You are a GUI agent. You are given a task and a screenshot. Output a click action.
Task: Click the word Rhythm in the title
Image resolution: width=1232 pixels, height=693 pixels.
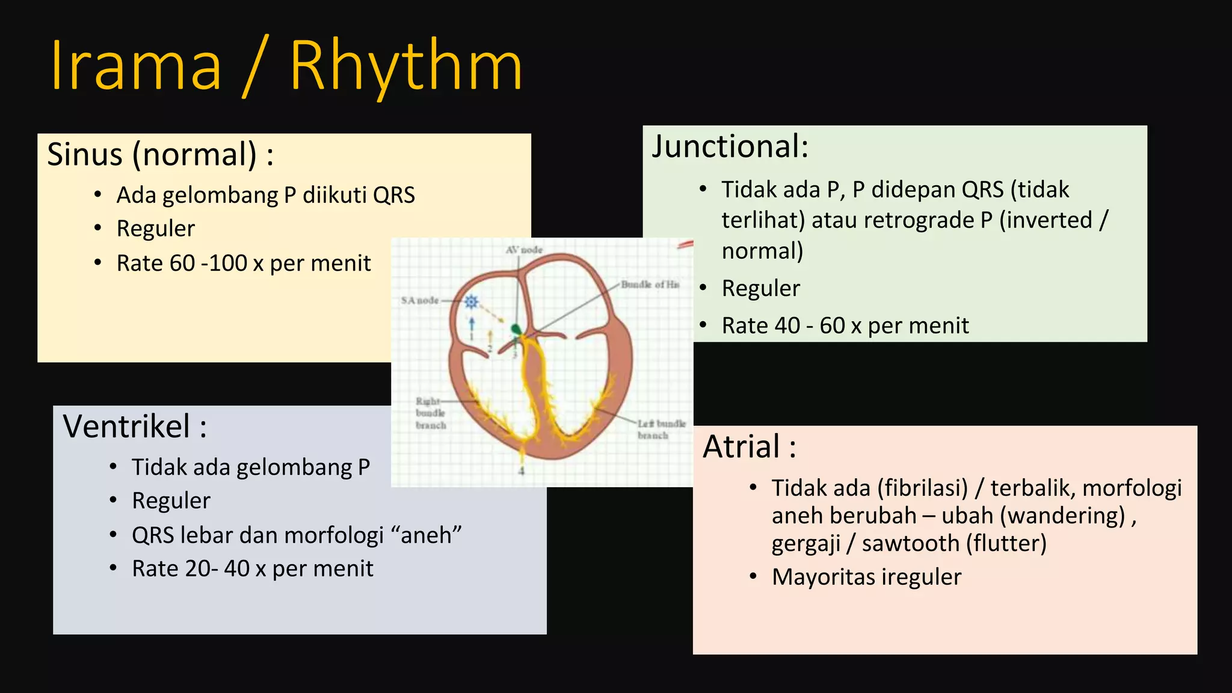click(406, 66)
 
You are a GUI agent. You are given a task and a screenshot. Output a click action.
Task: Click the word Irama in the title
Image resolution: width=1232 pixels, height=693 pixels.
click(136, 66)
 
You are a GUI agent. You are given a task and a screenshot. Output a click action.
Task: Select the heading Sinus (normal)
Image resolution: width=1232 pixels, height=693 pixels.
click(160, 155)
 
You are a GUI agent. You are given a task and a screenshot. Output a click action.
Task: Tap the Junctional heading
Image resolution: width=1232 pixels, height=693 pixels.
click(730, 147)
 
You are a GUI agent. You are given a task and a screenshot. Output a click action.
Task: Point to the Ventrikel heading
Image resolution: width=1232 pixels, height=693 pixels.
click(135, 427)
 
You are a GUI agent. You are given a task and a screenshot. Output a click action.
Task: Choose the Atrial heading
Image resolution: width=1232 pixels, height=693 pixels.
click(750, 447)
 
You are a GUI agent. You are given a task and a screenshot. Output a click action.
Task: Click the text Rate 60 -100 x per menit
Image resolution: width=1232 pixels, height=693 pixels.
click(243, 263)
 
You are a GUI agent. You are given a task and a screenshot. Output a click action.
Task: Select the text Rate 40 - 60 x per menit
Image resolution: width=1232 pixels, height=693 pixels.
click(845, 325)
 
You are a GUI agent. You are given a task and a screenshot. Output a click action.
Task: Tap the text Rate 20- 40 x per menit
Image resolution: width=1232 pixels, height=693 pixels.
click(252, 568)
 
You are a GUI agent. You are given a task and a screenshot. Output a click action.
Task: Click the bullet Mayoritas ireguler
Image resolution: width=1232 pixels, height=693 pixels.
click(866, 577)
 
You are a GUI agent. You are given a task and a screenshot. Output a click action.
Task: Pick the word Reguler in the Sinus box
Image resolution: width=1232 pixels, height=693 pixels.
click(155, 229)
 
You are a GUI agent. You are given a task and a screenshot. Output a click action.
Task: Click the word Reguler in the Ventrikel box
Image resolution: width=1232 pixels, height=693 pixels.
click(171, 501)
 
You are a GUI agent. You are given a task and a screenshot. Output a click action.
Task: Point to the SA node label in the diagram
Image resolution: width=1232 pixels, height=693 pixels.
click(420, 300)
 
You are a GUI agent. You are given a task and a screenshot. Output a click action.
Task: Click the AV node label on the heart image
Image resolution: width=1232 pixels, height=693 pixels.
click(524, 250)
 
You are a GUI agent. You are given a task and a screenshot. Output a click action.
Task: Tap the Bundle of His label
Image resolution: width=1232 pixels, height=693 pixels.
click(650, 285)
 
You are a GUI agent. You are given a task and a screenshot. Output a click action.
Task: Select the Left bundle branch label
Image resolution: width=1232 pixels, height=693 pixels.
click(661, 430)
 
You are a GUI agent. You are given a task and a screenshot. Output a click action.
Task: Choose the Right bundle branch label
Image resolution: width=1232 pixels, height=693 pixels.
click(431, 413)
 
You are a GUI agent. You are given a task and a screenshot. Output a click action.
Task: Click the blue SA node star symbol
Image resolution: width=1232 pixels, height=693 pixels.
click(472, 302)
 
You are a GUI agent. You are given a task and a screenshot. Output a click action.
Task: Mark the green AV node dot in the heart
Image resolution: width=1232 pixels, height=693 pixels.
click(516, 329)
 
